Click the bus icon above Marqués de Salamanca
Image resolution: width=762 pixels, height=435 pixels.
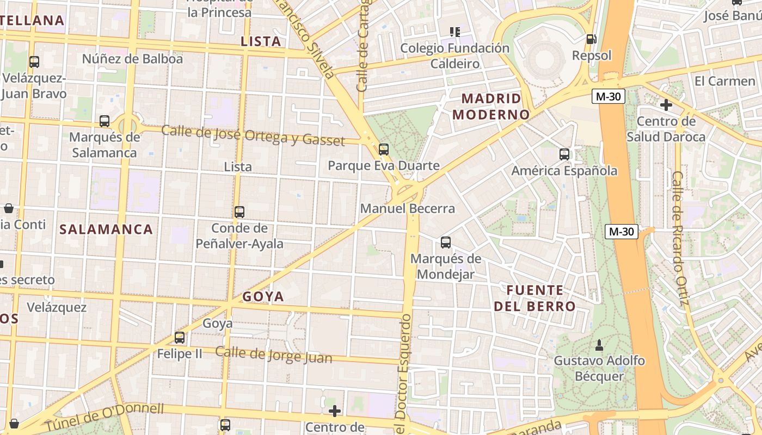105,121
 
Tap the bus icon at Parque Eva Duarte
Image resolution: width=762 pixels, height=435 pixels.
384,149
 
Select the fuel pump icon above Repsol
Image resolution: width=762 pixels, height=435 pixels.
591,39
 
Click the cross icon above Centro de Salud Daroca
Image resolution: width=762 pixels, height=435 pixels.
666,104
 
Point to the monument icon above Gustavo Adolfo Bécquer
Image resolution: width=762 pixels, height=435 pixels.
599,345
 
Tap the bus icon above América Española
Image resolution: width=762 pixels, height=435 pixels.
564,154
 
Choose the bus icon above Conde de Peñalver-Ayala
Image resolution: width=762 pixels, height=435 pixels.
239,212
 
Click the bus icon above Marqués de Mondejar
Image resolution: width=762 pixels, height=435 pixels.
446,243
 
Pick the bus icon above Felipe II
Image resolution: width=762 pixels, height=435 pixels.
180,338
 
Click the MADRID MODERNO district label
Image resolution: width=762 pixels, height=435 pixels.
491,107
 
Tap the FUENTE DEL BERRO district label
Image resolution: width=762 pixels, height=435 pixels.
534,298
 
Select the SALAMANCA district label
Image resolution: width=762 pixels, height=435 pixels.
106,229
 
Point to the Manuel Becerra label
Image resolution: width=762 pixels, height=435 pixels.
407,209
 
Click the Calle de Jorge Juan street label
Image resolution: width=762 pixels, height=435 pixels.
273,355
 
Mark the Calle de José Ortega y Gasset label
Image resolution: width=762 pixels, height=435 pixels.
253,135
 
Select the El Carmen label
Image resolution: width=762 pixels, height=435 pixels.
725,82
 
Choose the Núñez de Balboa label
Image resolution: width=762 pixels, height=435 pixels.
132,59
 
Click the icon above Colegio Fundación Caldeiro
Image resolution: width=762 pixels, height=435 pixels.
455,32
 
